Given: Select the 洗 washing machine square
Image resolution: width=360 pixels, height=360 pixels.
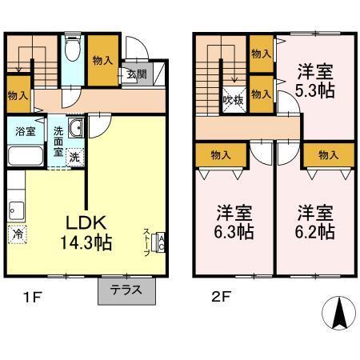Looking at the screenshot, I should coord(74,157).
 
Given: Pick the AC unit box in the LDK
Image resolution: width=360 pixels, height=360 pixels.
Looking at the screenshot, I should coord(160,242).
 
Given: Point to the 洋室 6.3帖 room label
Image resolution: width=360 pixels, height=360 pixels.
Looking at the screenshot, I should coord(234,222).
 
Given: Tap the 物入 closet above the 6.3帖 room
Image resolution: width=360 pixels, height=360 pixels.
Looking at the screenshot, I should coord(221,155).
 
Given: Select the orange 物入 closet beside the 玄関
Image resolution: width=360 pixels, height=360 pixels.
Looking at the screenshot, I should coord(102,61).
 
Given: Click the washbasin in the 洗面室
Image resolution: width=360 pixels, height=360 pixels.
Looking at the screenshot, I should coord(75,130).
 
